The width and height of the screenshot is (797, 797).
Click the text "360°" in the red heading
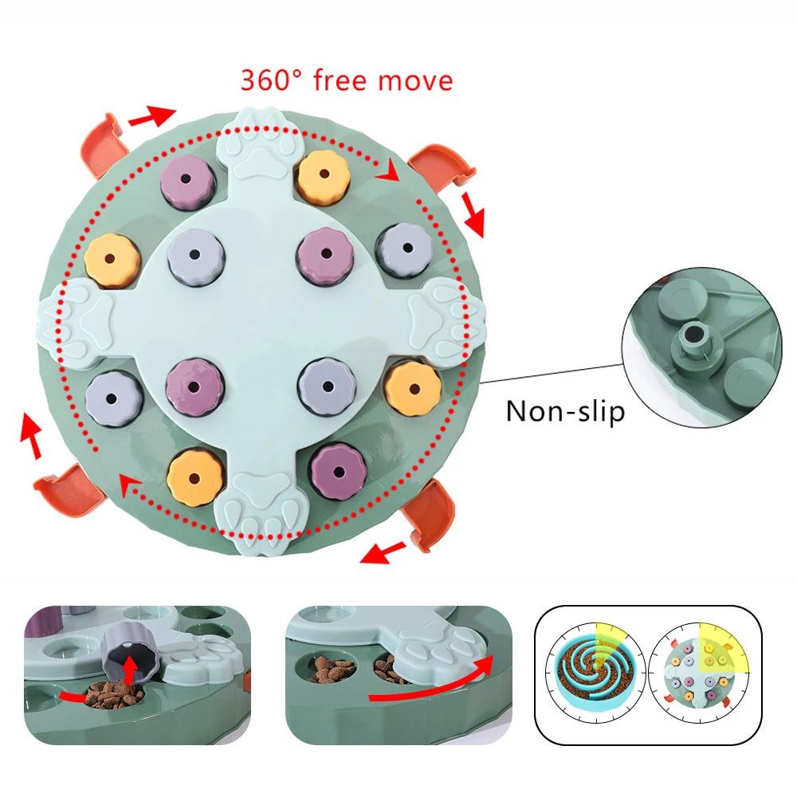[272, 80]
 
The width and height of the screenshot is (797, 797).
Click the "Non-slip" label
[565, 411]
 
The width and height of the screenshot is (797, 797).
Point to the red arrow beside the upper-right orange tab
[473, 212]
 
